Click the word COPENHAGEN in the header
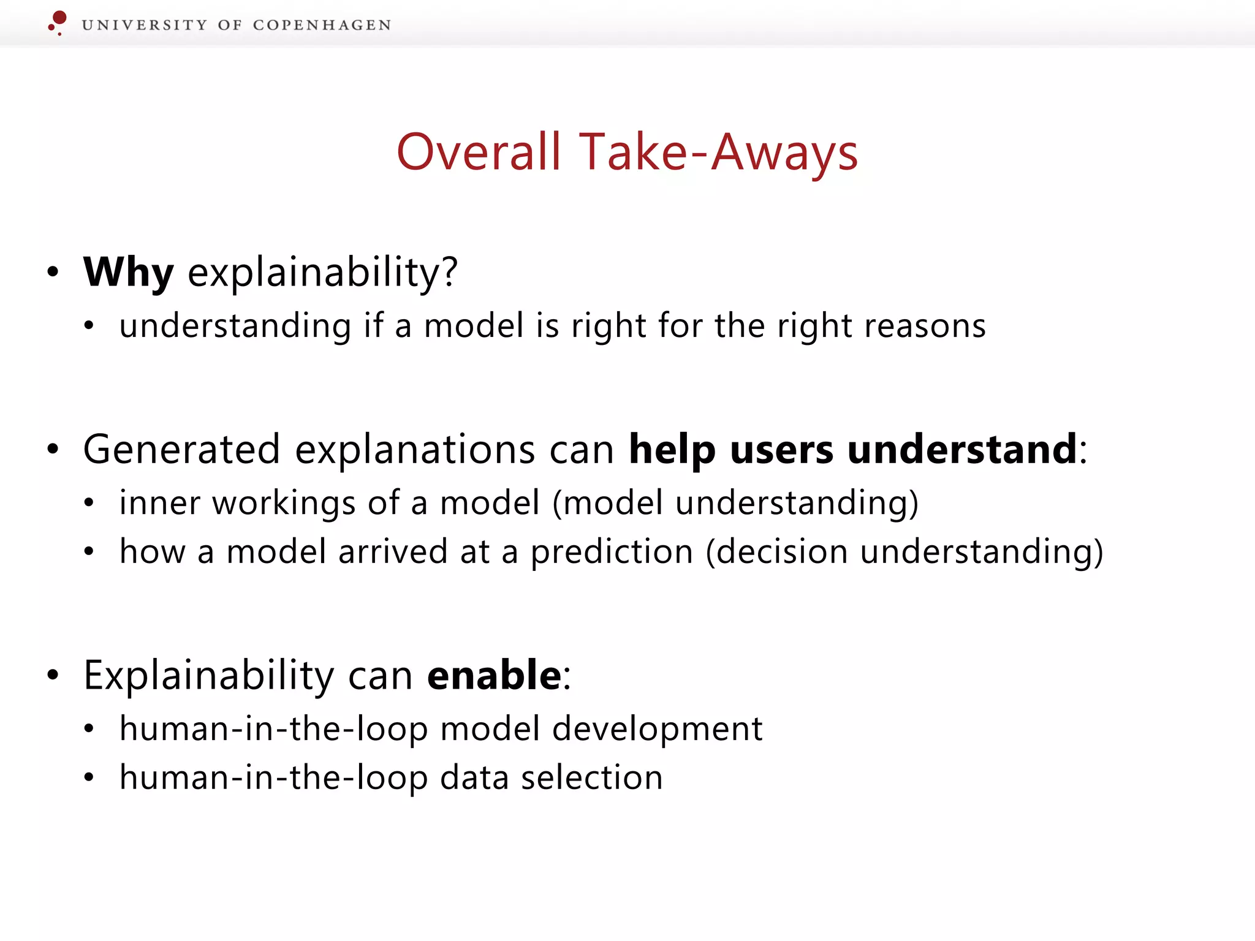click(322, 25)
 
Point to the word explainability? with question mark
click(322, 273)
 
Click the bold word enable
click(494, 675)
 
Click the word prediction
click(612, 551)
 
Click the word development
click(657, 728)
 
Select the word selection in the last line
click(591, 777)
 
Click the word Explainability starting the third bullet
click(208, 676)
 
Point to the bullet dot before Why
click(53, 272)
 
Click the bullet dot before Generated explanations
click(53, 449)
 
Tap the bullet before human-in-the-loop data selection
click(89, 778)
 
